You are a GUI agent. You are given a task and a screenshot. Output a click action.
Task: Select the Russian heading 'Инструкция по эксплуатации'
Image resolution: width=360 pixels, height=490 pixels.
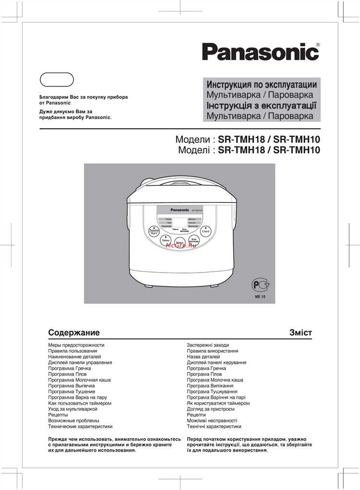(261, 84)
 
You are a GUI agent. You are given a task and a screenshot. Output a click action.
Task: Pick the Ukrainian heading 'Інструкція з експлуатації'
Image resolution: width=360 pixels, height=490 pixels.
(261, 106)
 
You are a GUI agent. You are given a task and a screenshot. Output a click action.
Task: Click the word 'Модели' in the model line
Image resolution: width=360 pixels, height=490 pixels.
(192, 140)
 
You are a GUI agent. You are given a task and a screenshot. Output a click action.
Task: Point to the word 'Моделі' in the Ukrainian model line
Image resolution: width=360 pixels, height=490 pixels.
(193, 150)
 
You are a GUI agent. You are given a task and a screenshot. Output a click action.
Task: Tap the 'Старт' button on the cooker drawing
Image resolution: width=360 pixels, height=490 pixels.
(206, 231)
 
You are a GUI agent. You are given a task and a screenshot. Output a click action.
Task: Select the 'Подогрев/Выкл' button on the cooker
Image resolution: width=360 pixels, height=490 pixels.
(154, 232)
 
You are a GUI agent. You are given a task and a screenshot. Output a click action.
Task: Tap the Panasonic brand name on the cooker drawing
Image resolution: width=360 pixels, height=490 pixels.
(180, 210)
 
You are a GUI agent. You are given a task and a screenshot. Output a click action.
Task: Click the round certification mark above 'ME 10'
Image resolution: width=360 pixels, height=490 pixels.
(260, 287)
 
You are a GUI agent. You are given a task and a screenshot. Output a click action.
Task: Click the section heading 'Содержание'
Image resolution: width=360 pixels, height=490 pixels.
(74, 333)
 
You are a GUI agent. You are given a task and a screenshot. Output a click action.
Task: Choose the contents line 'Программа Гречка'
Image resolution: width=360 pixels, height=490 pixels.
(70, 368)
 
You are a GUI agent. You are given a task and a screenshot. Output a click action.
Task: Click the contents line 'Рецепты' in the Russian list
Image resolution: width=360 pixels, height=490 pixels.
(58, 415)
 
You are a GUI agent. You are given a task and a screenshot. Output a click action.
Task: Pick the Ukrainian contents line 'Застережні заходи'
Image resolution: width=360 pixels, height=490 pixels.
(208, 345)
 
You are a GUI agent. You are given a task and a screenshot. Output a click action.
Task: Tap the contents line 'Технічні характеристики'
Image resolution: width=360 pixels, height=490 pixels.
(214, 426)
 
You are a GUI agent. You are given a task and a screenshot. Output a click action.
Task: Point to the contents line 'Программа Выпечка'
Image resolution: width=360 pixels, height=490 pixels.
(72, 385)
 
